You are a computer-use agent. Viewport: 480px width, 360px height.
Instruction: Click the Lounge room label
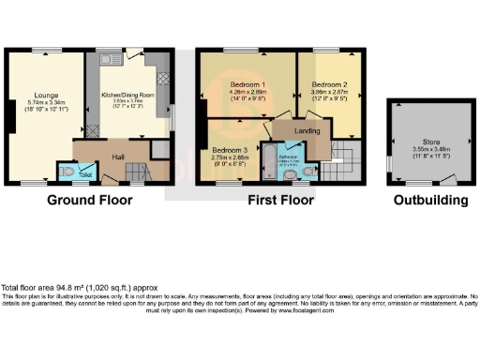pyautogui.click(x=40, y=95)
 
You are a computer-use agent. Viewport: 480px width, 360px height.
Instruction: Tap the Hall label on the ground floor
pyautogui.click(x=119, y=157)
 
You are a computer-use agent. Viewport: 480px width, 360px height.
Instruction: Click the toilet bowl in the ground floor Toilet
pyautogui.click(x=67, y=172)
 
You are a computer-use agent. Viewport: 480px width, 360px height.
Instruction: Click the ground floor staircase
pyautogui.click(x=138, y=172)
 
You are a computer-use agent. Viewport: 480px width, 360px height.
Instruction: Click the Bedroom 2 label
pyautogui.click(x=330, y=85)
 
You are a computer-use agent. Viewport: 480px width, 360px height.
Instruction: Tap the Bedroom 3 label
pyautogui.click(x=230, y=151)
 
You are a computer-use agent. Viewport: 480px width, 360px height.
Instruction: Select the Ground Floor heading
pyautogui.click(x=87, y=200)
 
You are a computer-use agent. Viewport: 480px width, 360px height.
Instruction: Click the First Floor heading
pyautogui.click(x=279, y=200)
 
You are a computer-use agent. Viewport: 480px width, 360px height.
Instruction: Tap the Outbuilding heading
pyautogui.click(x=426, y=200)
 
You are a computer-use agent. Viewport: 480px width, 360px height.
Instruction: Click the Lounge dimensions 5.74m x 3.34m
pyautogui.click(x=40, y=102)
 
